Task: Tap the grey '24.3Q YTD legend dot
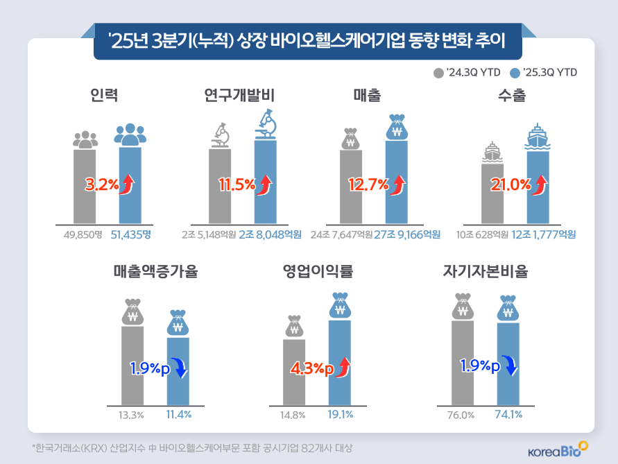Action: pos(438,73)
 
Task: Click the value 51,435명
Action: pos(130,235)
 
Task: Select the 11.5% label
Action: pos(237,185)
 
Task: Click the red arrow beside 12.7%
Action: pos(399,185)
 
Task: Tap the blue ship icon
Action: pos(538,137)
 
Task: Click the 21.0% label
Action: pos(510,185)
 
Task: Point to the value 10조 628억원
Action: pos(483,235)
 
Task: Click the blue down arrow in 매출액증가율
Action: pos(181,367)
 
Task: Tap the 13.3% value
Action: pos(131,415)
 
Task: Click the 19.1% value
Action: pos(340,415)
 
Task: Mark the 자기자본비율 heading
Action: pos(486,271)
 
